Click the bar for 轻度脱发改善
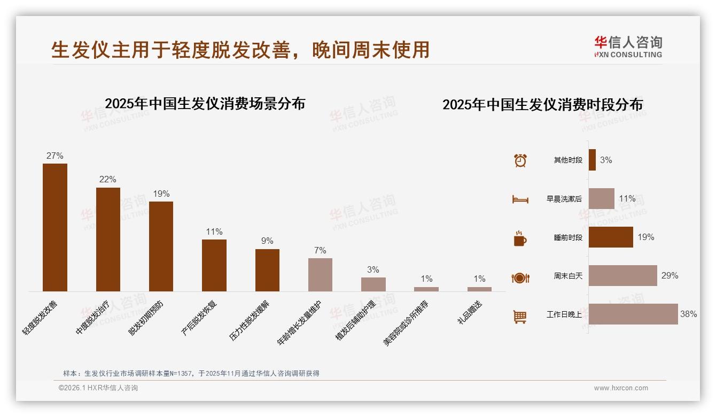click(55, 227)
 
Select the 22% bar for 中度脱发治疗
click(108, 240)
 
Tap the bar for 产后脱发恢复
click(214, 265)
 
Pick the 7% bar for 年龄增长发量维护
click(320, 275)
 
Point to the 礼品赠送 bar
click(479, 289)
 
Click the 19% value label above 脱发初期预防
click(161, 194)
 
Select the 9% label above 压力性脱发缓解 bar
click(267, 241)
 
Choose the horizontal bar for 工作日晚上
click(633, 314)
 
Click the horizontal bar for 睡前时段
click(611, 237)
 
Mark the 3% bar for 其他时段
click(592, 160)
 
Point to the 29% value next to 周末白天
click(670, 276)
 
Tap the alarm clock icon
click(520, 160)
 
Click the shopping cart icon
click(520, 316)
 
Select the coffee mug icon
click(520, 238)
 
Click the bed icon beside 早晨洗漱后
click(520, 199)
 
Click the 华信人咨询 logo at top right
click(628, 47)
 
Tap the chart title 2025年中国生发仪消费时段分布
click(542, 104)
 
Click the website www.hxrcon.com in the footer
click(621, 388)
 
